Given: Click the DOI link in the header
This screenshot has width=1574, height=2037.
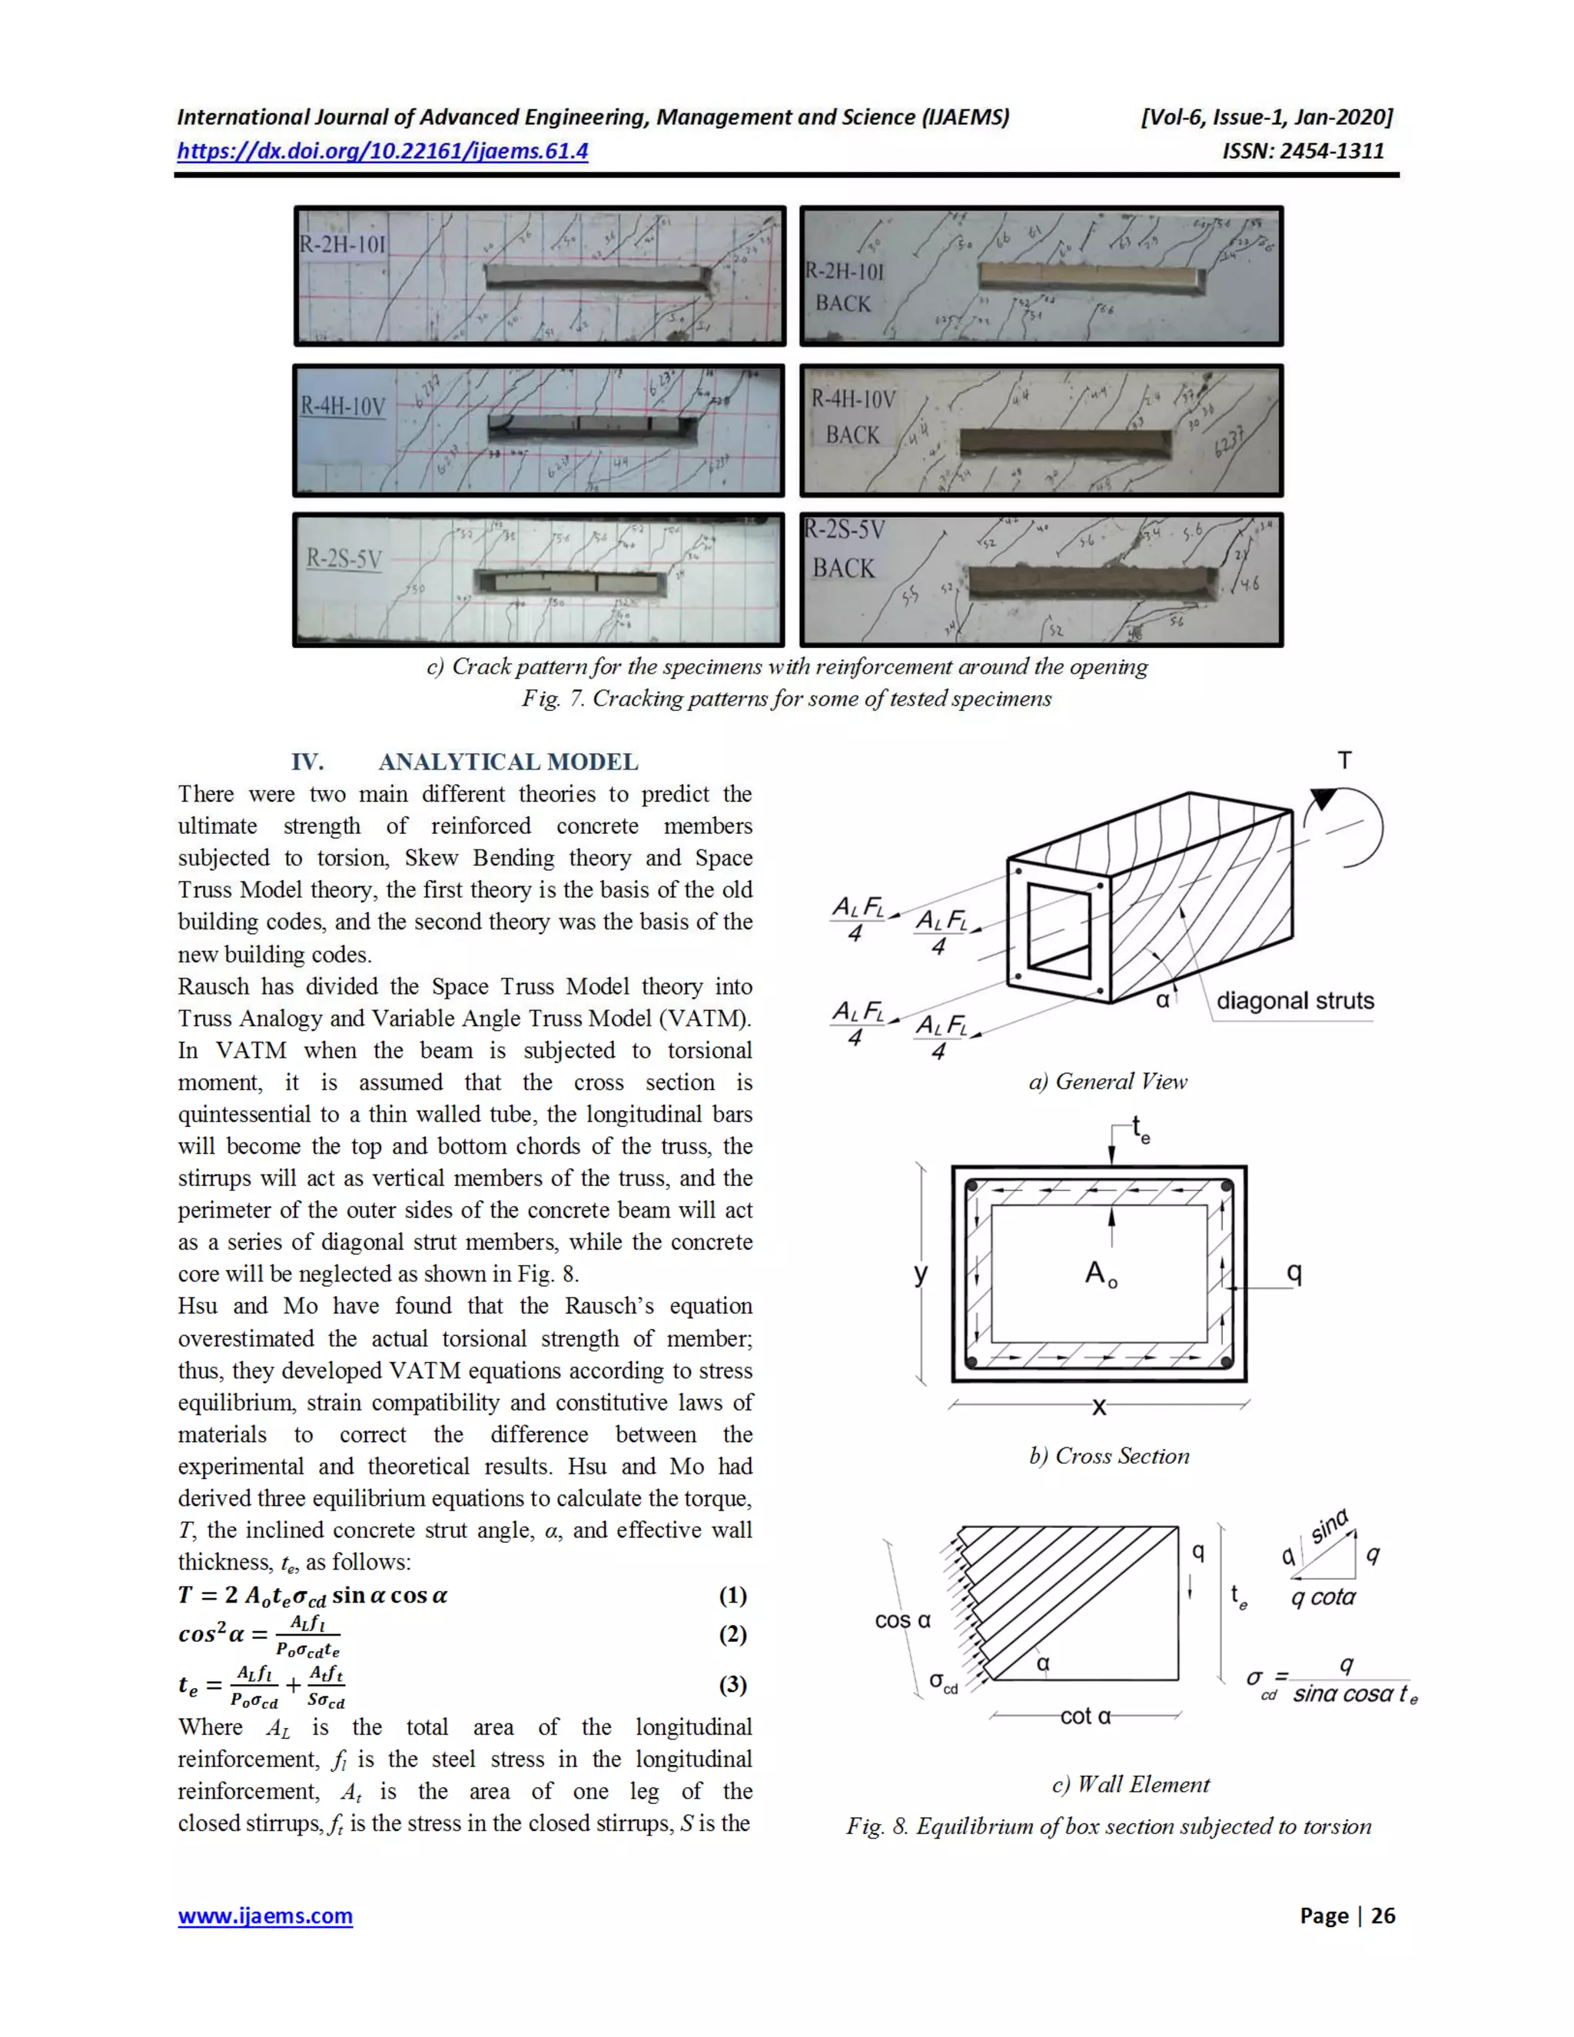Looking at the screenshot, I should [382, 151].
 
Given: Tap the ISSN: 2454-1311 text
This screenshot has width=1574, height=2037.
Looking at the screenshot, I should [1303, 151].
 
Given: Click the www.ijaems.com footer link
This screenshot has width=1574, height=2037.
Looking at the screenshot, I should [265, 1915].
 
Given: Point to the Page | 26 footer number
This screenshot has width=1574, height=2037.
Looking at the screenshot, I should [1347, 1915].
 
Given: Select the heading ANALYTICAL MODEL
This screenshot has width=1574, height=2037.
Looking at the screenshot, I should [507, 762].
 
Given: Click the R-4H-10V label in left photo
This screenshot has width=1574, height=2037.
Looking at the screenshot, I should [342, 407].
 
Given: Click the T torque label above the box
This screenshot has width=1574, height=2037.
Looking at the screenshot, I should [1343, 760].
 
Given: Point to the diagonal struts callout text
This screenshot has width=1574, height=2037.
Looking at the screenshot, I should [1294, 1001].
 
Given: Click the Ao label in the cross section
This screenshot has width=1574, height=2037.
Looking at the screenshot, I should [1101, 1273].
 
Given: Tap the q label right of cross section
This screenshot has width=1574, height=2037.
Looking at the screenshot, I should [1293, 1272].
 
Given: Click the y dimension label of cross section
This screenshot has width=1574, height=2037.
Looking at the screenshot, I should [920, 1273].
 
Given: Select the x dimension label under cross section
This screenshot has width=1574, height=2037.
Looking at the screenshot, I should [1098, 1407].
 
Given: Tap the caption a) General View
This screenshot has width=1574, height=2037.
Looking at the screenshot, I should [1107, 1082].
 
